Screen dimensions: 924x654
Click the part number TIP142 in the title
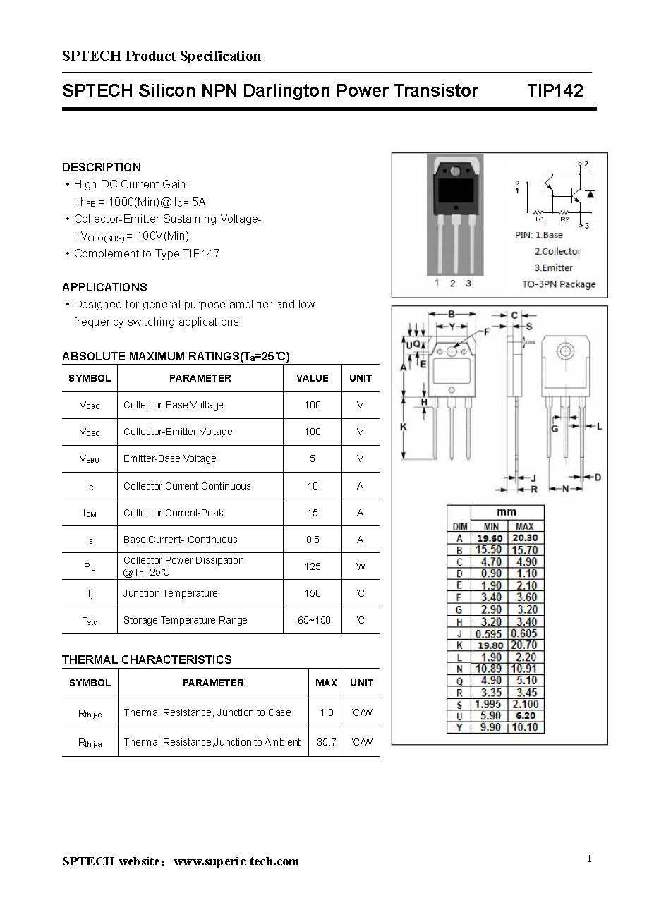coord(555,91)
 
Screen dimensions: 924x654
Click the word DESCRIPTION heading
coord(102,167)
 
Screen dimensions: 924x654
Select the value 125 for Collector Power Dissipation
coord(313,566)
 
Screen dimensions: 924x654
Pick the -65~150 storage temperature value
coord(313,620)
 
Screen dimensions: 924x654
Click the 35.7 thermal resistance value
coord(326,742)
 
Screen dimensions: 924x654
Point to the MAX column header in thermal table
coord(326,683)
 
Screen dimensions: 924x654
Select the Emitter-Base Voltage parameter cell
coord(170,458)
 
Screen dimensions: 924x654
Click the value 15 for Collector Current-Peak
coord(313,513)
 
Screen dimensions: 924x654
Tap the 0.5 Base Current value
coord(313,540)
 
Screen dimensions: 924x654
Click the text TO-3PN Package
coord(558,284)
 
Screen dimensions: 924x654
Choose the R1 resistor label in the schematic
coord(540,219)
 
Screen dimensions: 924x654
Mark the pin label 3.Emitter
coord(553,268)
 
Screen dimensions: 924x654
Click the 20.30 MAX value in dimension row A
coord(525,538)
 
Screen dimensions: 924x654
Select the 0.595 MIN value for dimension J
coord(488,633)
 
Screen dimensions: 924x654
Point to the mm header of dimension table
coord(507,512)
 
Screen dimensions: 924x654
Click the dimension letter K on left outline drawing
coord(404,427)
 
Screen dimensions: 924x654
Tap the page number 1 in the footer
coord(589,858)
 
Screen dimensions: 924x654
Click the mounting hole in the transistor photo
coord(455,171)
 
